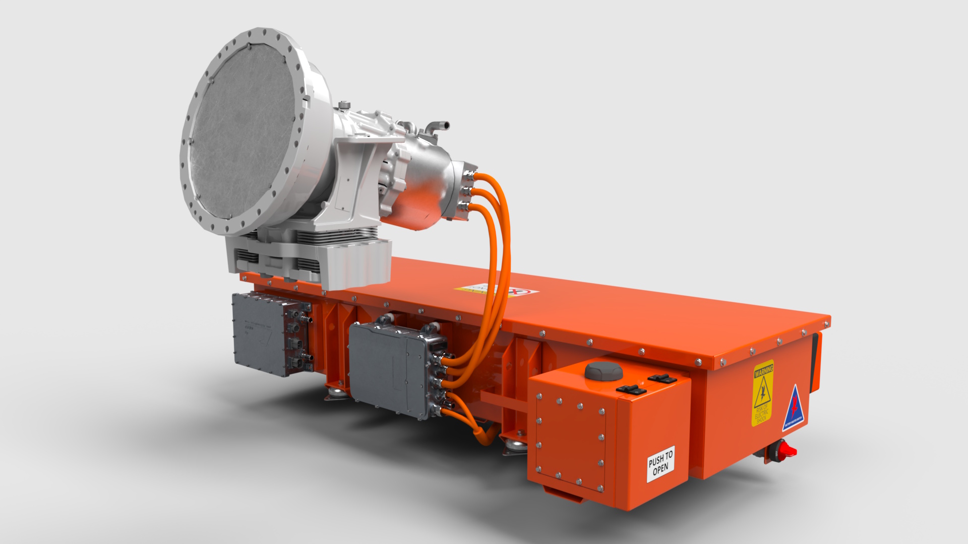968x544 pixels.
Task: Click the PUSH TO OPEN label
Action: (660, 464)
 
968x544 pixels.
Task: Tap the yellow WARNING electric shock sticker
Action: (763, 393)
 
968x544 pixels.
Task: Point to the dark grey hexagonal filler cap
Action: (603, 371)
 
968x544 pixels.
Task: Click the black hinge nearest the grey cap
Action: (631, 389)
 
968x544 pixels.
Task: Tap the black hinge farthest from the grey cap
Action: (661, 378)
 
